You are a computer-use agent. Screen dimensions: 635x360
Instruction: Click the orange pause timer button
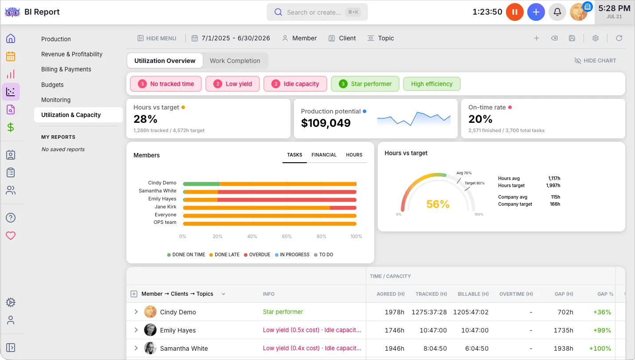tap(514, 12)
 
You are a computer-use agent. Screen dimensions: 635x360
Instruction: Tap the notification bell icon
tap(557, 12)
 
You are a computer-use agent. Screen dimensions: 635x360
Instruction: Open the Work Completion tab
tap(235, 61)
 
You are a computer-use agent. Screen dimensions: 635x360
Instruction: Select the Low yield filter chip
tap(232, 84)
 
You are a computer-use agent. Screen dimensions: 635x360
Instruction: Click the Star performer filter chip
tap(365, 84)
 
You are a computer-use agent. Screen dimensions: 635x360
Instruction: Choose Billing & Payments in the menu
tap(66, 70)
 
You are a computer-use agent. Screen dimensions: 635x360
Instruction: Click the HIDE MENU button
tap(157, 38)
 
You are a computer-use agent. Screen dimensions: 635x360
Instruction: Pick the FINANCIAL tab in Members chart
tap(324, 155)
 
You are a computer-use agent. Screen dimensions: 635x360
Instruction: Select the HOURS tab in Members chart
tap(354, 155)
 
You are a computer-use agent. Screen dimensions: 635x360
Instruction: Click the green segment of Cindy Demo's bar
tap(202, 184)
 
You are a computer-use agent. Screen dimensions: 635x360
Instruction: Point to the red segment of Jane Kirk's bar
tap(343, 208)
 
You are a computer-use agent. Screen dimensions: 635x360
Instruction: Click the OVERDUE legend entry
tap(257, 254)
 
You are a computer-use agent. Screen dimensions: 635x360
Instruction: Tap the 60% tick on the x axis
tap(286, 236)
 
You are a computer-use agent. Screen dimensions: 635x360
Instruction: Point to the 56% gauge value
tap(438, 204)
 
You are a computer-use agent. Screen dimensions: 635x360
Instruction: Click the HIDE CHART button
tap(595, 61)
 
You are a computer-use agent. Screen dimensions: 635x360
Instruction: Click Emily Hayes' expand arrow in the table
tap(136, 330)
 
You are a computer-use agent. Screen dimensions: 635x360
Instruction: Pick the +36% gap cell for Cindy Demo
tap(602, 312)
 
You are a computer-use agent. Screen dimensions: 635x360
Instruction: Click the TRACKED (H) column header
tap(431, 294)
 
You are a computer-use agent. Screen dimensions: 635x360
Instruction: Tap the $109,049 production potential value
tap(326, 123)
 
